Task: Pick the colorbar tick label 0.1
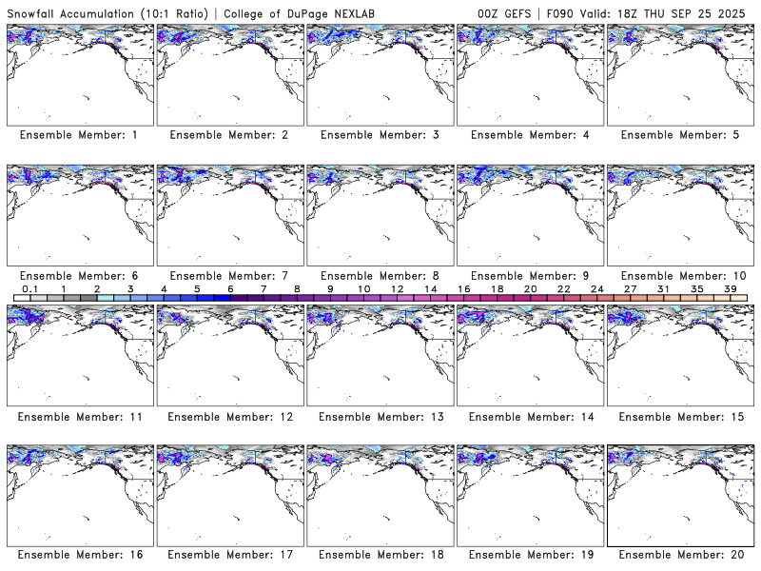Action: pyautogui.click(x=29, y=288)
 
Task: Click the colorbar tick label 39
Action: pyautogui.click(x=730, y=288)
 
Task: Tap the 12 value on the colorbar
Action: pyautogui.click(x=397, y=288)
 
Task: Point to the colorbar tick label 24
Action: pyautogui.click(x=596, y=288)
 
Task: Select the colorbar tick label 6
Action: pyautogui.click(x=230, y=288)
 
